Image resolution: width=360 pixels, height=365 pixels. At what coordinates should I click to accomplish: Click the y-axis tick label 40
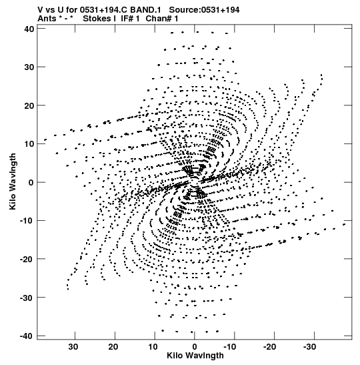29,29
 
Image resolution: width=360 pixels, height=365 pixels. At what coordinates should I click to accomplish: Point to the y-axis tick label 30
29,67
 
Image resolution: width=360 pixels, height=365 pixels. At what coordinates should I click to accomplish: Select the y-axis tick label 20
29,105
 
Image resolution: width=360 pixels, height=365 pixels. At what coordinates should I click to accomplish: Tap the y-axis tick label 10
29,144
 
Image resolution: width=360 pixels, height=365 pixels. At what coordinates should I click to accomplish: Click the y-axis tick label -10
27,221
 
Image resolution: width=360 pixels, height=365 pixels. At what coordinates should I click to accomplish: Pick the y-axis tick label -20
27,259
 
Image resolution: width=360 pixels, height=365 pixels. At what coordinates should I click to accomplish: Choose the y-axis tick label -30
27,298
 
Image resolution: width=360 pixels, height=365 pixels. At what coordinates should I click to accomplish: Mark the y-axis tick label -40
27,336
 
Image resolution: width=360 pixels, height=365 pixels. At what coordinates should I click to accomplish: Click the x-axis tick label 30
73,347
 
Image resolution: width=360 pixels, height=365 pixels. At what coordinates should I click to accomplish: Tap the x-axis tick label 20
113,347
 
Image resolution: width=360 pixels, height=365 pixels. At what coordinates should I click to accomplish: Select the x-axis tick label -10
230,347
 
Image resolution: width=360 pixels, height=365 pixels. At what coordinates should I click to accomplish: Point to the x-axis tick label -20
270,347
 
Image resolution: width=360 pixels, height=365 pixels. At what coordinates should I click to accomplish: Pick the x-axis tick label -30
310,347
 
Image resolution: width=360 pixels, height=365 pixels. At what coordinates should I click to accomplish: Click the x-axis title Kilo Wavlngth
195,356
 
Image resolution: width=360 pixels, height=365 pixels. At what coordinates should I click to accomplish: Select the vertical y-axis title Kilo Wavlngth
13,181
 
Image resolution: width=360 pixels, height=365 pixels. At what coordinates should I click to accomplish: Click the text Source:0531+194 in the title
204,10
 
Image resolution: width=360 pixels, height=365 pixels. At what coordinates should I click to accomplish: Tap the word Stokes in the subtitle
97,19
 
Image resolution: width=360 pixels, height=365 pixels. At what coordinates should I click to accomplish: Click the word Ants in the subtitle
47,19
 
